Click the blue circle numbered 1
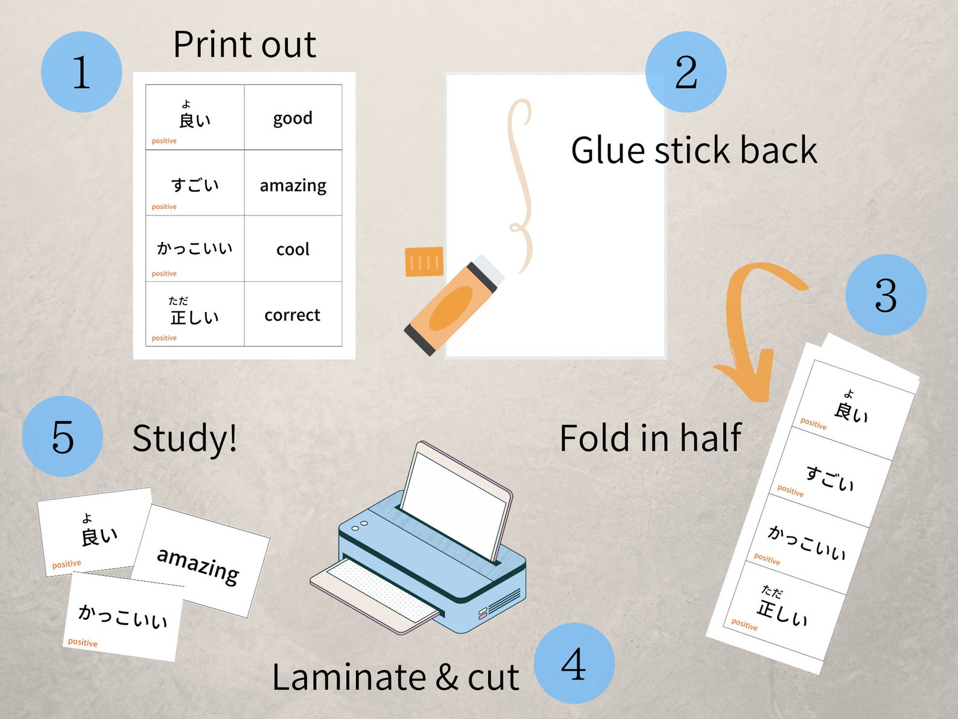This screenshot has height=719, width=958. click(81, 72)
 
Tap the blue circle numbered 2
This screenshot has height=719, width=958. click(686, 72)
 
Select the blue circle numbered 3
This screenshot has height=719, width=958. click(886, 295)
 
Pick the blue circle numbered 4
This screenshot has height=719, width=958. click(574, 663)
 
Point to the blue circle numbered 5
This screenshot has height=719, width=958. click(63, 436)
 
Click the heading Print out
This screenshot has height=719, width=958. click(244, 45)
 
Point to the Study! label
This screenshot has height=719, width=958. click(185, 438)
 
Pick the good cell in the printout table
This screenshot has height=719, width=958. click(293, 118)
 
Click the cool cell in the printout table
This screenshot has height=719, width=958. click(293, 249)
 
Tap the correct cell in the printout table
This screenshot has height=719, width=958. click(293, 315)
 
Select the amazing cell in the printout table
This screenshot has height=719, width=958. click(293, 184)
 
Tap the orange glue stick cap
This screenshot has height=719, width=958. click(424, 261)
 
